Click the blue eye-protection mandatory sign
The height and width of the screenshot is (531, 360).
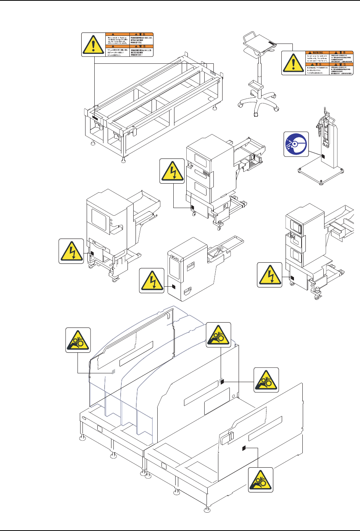[x=296, y=144]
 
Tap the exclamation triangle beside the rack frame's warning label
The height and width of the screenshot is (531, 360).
[x=94, y=44]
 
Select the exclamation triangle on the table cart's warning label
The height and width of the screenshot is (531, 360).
[x=293, y=62]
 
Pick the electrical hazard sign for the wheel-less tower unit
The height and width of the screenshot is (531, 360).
[x=152, y=281]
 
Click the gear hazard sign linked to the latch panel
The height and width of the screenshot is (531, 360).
[x=261, y=479]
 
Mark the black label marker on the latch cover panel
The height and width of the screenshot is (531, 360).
[x=243, y=448]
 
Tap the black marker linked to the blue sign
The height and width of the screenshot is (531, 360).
[x=323, y=157]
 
